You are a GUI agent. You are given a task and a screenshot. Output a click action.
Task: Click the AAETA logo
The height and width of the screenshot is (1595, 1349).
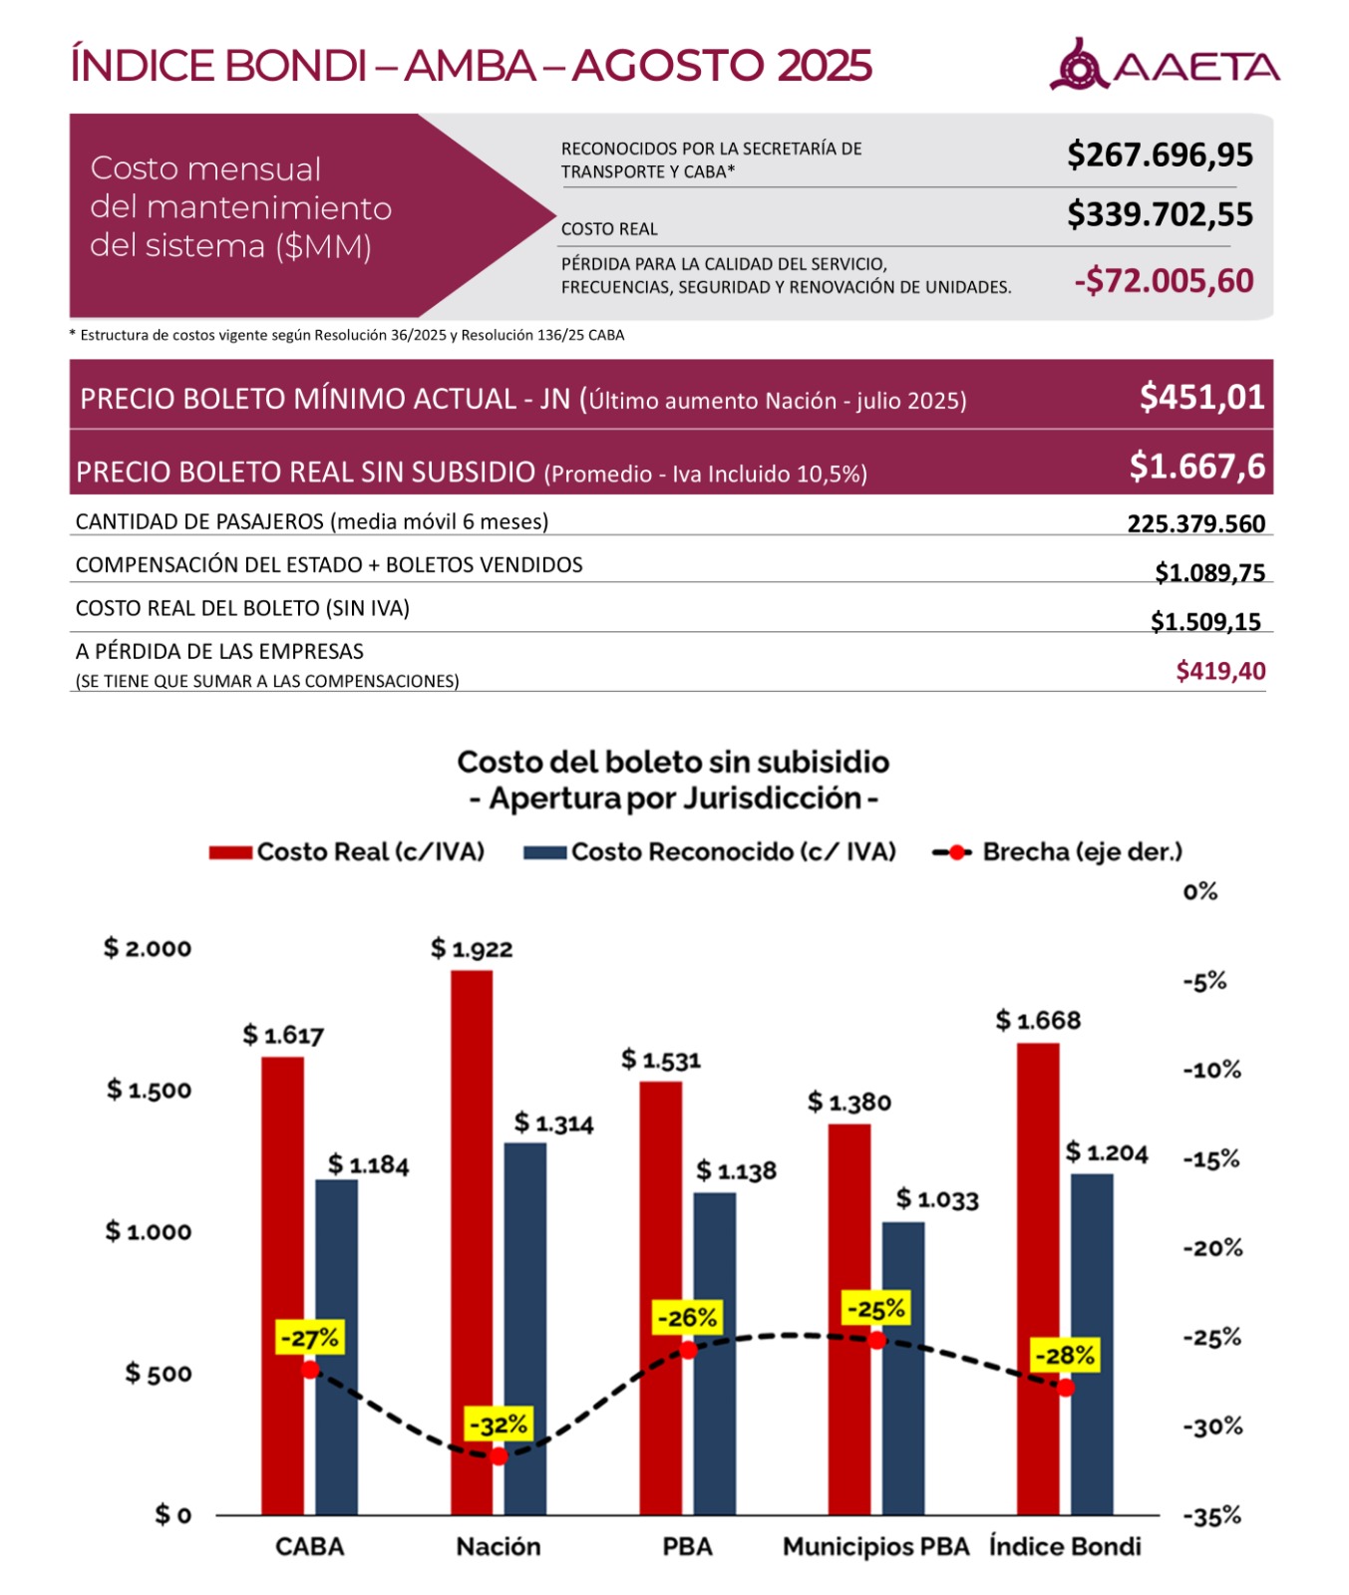coord(1164,66)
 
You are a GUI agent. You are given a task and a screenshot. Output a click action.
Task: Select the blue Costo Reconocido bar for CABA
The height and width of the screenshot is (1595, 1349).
coord(336,1346)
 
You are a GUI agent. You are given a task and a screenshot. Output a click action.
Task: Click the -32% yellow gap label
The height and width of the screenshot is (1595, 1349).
coord(499,1425)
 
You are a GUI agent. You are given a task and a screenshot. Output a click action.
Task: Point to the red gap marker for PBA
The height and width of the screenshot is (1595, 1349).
coord(688,1351)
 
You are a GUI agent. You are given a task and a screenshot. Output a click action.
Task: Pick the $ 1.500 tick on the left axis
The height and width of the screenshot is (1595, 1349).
coord(149,1090)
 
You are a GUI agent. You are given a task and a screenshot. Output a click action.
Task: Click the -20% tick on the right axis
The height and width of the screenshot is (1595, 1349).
coord(1212,1248)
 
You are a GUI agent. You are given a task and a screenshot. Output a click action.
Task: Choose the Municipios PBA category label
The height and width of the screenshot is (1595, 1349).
coord(875,1546)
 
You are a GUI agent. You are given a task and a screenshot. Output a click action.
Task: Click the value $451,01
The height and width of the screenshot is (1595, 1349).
coord(1201,398)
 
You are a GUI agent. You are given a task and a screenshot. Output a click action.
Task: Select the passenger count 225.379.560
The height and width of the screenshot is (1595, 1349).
coord(1195,523)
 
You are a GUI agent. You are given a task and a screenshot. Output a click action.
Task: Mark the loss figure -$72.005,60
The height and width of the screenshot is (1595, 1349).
coord(1164,281)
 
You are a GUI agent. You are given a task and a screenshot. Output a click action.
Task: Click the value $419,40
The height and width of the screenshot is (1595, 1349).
coord(1220,671)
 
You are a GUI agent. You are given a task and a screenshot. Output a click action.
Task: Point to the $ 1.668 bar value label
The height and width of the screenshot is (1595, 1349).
coord(1038,1020)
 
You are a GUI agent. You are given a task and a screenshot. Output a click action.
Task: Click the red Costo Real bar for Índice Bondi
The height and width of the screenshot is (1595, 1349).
coord(1038,1276)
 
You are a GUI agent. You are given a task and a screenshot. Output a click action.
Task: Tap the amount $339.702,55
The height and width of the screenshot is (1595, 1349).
coord(1160,214)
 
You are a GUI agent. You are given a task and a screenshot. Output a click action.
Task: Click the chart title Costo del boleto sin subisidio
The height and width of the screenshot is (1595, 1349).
coord(673,763)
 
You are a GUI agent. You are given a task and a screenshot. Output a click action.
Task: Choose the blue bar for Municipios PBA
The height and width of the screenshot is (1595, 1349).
coord(902,1366)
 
